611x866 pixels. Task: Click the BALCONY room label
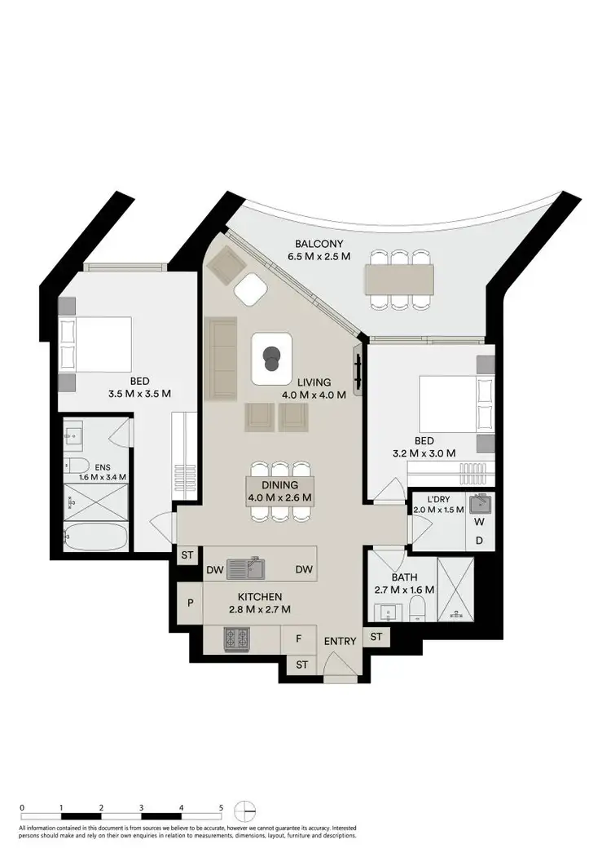(x=319, y=244)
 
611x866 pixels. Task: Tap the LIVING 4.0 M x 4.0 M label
(x=314, y=388)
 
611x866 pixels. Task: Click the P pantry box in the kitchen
(x=190, y=603)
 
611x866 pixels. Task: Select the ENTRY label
(x=340, y=641)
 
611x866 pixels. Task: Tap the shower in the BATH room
(x=455, y=586)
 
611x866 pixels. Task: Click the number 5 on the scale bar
(x=221, y=807)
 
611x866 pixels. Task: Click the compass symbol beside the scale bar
(x=245, y=811)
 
